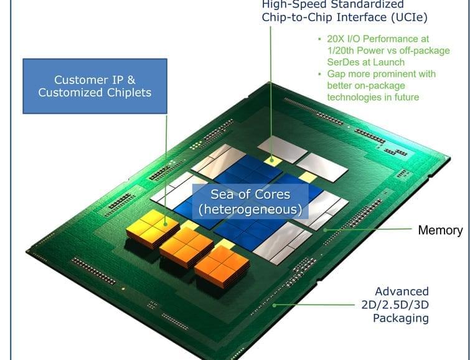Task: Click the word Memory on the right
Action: coord(440,230)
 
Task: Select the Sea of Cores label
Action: coord(250,195)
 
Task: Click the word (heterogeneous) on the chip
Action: coord(250,210)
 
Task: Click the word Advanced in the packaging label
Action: coord(402,291)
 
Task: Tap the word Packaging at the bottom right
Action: coord(400,318)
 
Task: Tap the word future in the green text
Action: coord(405,97)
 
